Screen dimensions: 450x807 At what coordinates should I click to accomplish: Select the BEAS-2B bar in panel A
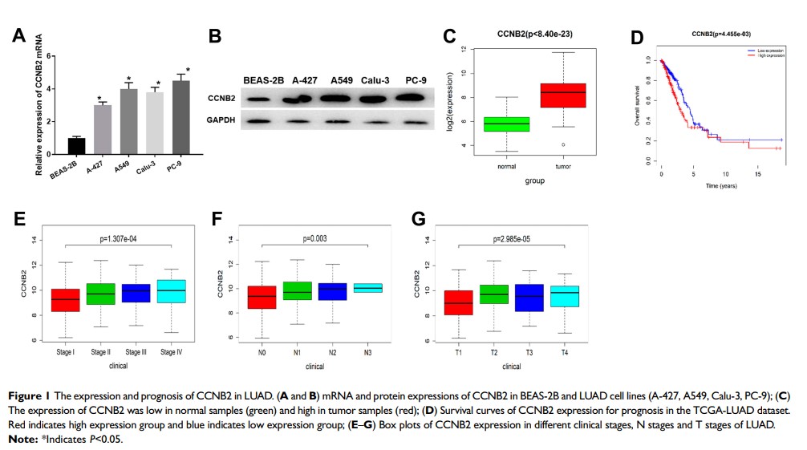(x=76, y=148)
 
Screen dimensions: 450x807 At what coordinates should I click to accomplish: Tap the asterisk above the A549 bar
(x=128, y=79)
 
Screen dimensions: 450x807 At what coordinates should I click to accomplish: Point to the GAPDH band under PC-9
(x=415, y=123)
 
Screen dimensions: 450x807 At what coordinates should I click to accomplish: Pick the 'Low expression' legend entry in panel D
(x=767, y=50)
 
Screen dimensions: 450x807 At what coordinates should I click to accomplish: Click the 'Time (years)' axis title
(x=721, y=185)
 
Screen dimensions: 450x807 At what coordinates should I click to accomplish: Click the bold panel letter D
(x=637, y=38)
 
